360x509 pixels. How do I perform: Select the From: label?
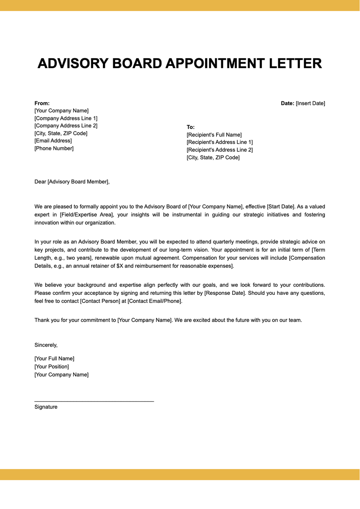(x=42, y=103)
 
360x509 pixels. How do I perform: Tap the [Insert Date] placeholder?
(x=310, y=103)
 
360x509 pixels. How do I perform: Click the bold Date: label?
(x=287, y=103)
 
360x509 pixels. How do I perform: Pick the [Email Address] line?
(x=53, y=141)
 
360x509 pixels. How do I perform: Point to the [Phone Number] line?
(x=54, y=148)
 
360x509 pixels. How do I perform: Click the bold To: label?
(x=190, y=127)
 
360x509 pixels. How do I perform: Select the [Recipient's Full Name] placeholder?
(x=214, y=135)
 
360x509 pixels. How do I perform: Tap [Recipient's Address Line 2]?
(x=220, y=150)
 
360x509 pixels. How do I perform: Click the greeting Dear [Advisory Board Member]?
(x=72, y=181)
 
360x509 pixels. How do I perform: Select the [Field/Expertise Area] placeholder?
(x=86, y=214)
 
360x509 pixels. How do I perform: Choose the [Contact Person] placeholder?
(x=100, y=301)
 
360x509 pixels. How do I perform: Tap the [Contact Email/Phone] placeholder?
(x=155, y=301)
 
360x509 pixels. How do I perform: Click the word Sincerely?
(x=46, y=345)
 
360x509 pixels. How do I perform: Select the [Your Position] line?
(x=52, y=367)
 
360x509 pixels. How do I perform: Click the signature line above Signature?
(x=94, y=401)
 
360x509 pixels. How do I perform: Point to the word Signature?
(x=46, y=407)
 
